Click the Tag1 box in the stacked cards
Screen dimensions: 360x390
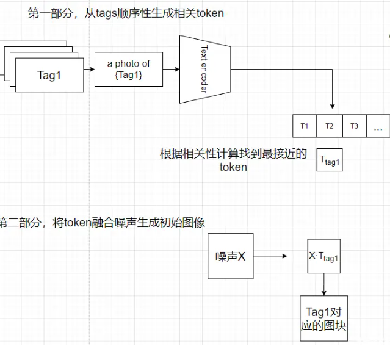pos(49,75)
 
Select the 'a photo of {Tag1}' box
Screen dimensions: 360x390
pos(128,68)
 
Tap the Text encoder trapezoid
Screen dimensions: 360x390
pos(204,70)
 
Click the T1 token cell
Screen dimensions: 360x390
pos(305,126)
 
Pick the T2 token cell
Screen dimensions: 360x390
pos(330,126)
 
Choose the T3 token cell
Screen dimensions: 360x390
pos(354,126)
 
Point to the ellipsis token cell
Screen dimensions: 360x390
pos(378,127)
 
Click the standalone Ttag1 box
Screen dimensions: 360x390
pos(330,160)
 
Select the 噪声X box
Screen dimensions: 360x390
pos(230,256)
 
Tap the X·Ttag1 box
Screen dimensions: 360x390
pos(323,257)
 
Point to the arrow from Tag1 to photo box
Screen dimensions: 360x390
pos(89,69)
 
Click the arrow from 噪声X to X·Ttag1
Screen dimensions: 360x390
pos(271,256)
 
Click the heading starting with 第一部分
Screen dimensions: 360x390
pos(126,13)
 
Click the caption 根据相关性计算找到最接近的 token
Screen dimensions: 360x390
pos(233,160)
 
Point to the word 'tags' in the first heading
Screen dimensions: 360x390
pos(107,13)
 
